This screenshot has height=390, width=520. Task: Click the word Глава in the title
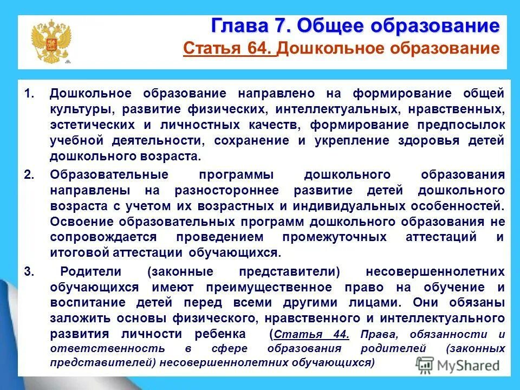click(236, 25)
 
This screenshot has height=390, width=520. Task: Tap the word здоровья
click(425, 140)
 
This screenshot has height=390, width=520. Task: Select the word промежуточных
click(335, 238)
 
